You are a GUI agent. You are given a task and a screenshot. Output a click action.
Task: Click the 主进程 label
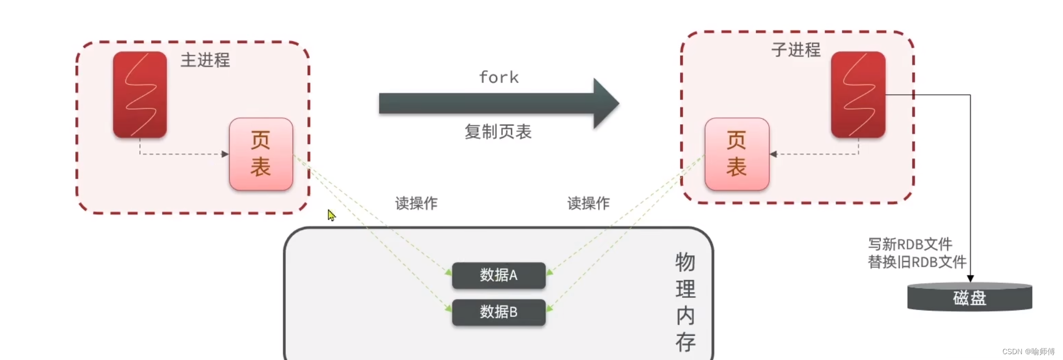205,60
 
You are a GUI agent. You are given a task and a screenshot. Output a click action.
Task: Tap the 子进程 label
796,50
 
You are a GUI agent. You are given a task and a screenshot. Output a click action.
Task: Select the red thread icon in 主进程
140,95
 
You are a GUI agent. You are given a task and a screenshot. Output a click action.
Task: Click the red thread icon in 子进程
858,95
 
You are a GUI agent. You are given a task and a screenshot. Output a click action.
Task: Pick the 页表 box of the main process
261,154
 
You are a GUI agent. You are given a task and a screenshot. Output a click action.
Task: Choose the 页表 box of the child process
737,154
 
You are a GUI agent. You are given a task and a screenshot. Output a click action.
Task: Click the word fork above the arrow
499,77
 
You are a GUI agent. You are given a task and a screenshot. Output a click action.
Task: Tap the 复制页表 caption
498,132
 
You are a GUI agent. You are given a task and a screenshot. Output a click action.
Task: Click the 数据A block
499,275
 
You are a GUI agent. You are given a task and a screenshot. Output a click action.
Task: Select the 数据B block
499,312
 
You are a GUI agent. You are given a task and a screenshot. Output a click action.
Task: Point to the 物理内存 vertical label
686,302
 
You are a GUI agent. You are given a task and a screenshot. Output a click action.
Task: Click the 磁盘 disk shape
969,297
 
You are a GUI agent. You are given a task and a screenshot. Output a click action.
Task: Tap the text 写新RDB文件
910,244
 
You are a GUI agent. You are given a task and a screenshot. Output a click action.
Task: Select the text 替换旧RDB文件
917,262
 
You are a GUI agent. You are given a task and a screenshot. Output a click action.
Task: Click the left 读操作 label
416,203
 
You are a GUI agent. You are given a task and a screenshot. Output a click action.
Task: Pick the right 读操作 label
589,203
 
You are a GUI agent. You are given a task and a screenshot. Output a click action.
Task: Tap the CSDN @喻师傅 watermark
1028,352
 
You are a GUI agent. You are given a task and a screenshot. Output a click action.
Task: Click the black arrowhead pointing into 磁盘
970,278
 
